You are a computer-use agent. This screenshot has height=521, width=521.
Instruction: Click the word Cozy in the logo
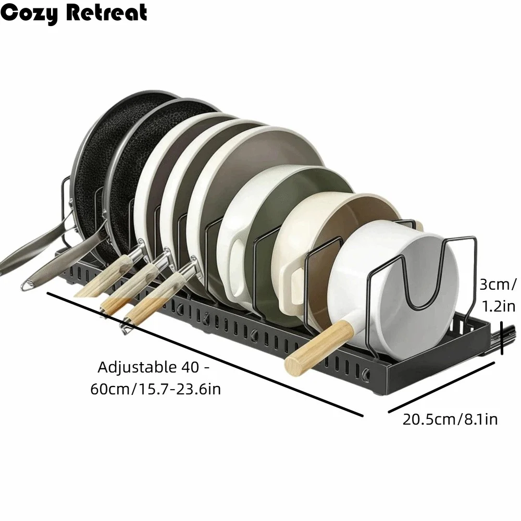[x=29, y=14]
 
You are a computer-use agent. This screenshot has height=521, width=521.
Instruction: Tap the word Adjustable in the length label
[x=137, y=367]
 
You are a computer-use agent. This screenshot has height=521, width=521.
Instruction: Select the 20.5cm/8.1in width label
[x=450, y=419]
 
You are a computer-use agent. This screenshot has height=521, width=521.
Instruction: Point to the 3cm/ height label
[x=498, y=284]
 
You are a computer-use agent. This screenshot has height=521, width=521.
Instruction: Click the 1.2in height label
[x=499, y=306]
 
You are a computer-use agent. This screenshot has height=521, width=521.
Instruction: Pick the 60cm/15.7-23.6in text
[x=155, y=389]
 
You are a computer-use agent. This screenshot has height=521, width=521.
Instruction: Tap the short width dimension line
[x=441, y=388]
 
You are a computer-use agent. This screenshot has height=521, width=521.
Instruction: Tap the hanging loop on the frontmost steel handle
[x=28, y=285]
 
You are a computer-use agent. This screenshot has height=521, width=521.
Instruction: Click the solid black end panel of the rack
[x=439, y=362]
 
